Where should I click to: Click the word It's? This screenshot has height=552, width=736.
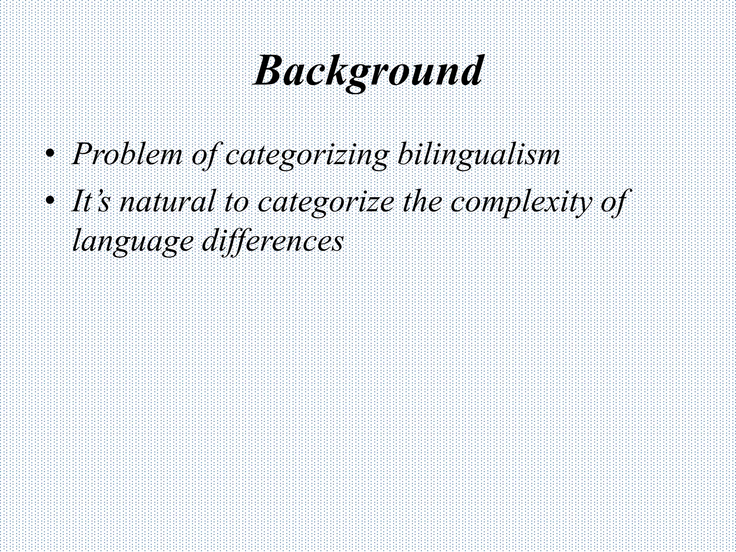(x=90, y=202)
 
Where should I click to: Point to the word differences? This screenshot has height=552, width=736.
(x=272, y=241)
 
